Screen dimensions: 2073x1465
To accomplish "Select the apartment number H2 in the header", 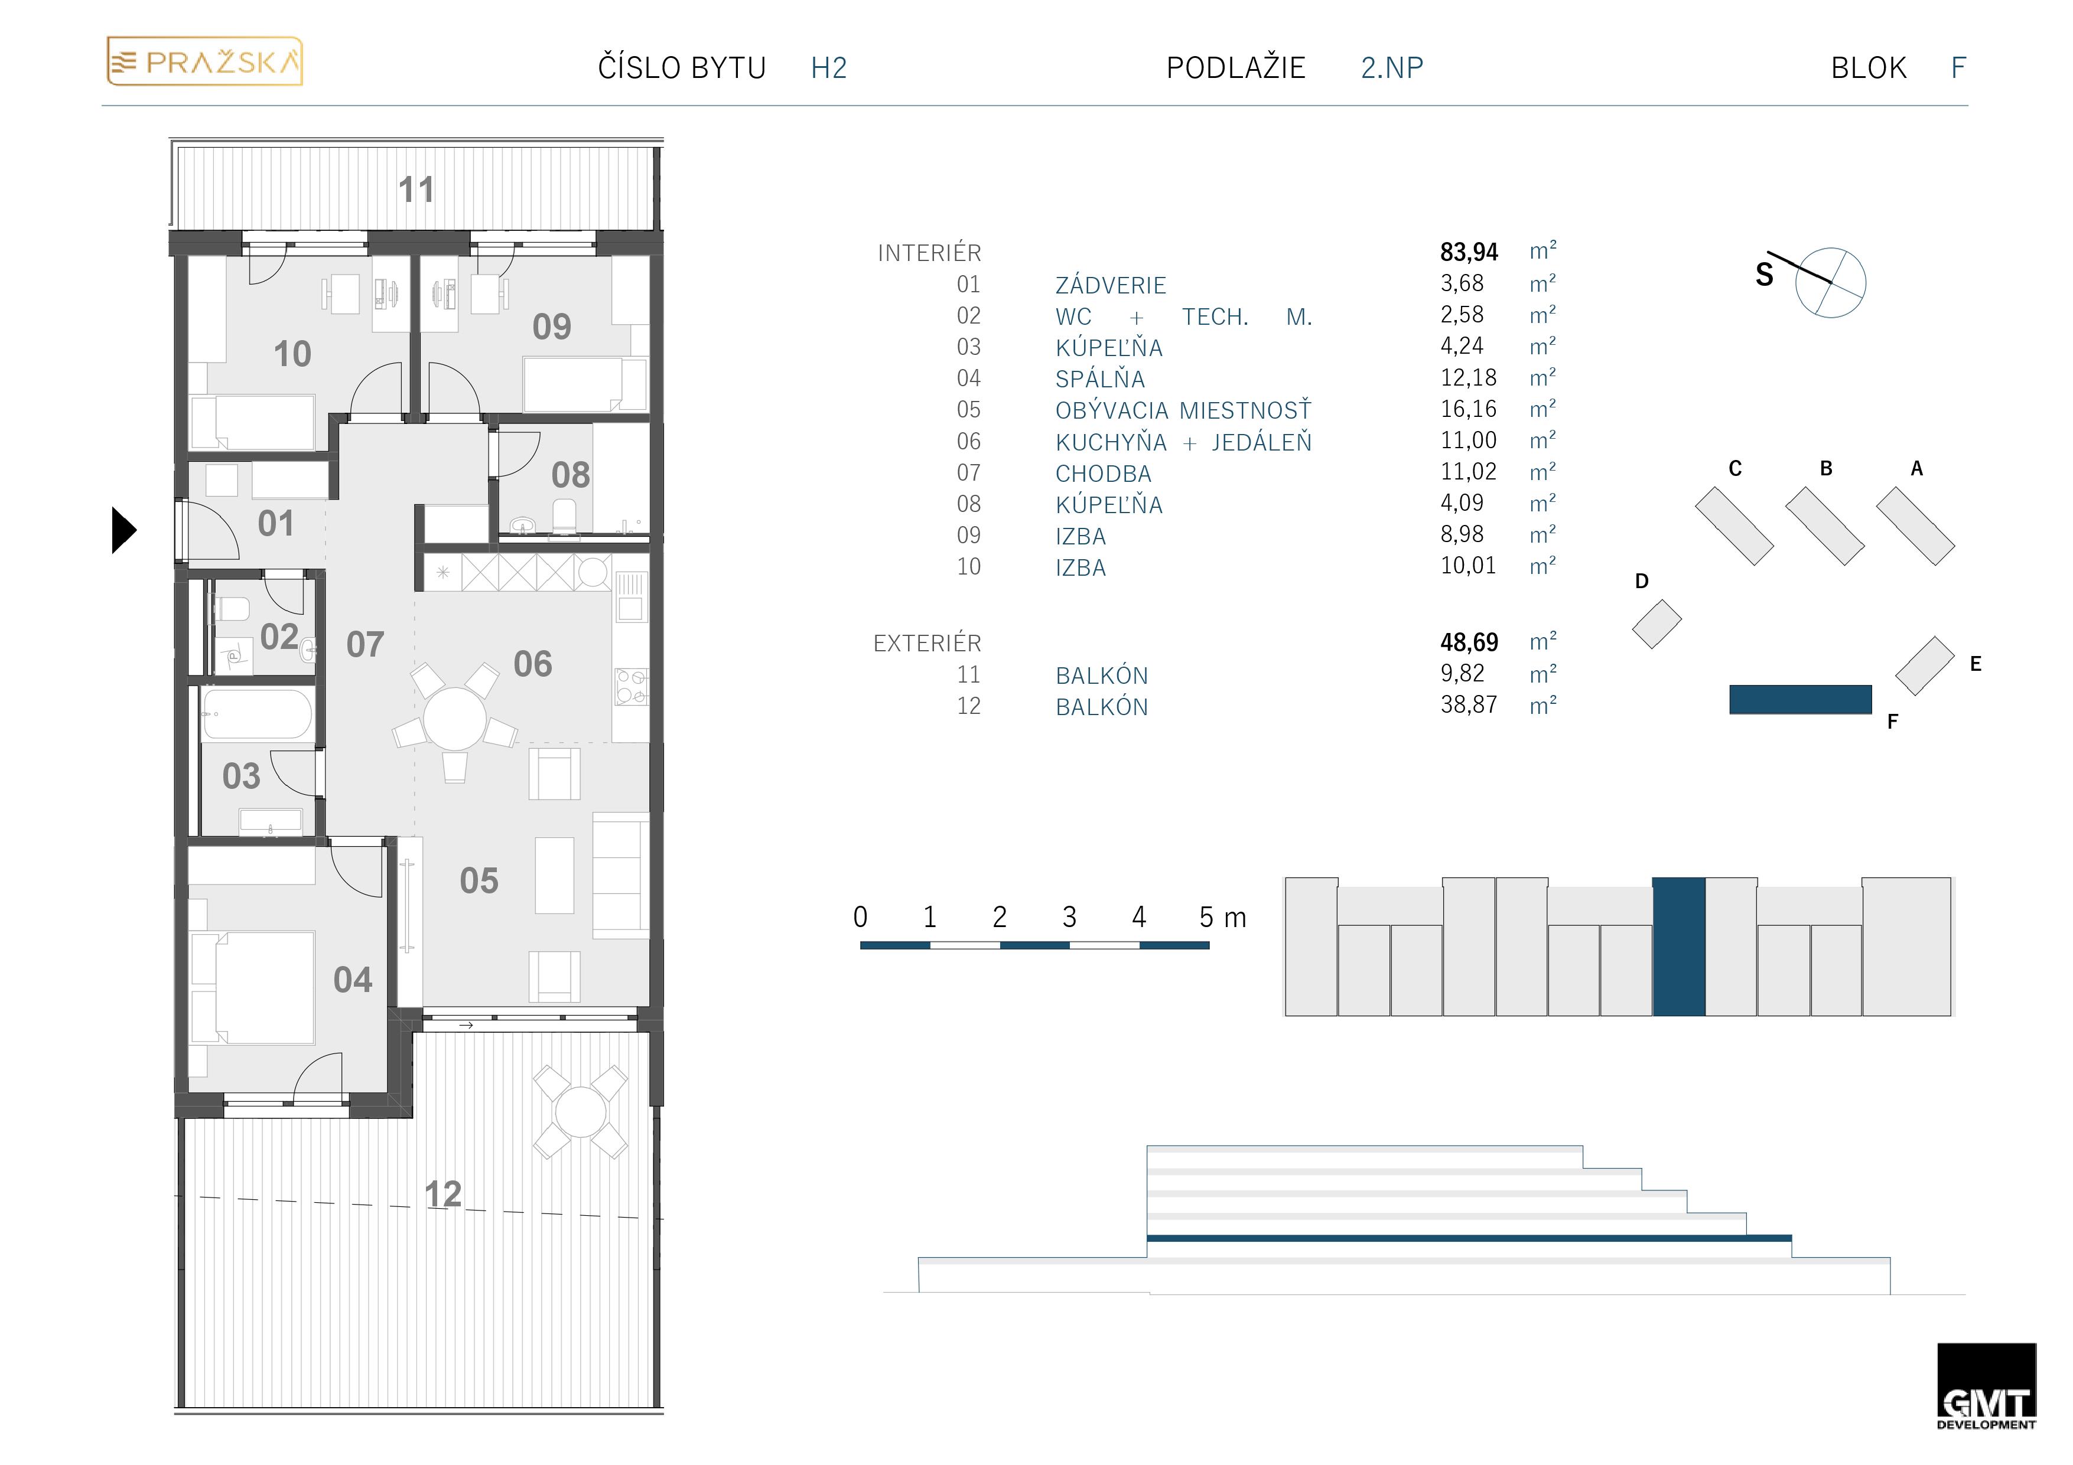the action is coord(829,68).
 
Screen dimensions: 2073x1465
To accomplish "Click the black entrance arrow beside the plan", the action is coord(123,530).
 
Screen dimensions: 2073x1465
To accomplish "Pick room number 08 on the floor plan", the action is coord(571,475).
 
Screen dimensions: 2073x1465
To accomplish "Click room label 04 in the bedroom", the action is coord(352,980).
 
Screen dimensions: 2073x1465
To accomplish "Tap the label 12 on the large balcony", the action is coord(443,1194).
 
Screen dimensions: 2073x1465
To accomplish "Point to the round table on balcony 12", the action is coord(581,1112).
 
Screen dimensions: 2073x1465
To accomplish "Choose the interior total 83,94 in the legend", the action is coord(1469,252).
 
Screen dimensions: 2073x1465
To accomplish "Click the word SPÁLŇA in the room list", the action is coord(1099,379).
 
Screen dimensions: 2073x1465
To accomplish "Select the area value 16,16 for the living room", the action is coord(1468,409).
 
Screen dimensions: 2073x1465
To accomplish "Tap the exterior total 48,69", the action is coord(1469,642).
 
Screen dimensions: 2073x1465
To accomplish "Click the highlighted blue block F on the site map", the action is coord(1800,700).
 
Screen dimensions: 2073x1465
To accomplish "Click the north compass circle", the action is coord(1830,282).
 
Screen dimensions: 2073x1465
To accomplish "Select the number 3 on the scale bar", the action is coord(1069,917).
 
